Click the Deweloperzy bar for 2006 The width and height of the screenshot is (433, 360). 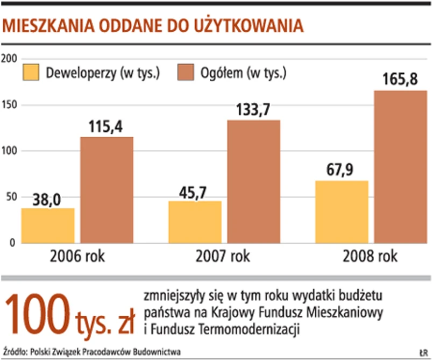click(48, 225)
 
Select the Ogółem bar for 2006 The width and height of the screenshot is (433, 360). click(107, 190)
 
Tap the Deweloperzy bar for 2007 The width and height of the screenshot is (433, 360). click(195, 222)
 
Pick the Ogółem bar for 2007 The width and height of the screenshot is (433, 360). click(253, 181)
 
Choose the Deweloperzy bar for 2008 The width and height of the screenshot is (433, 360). click(342, 211)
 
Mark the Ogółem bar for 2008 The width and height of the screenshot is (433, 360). click(400, 167)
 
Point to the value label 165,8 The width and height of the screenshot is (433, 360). click(400, 81)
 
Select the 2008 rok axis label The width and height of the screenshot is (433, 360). click(370, 256)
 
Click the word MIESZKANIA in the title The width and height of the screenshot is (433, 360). click(49, 25)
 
